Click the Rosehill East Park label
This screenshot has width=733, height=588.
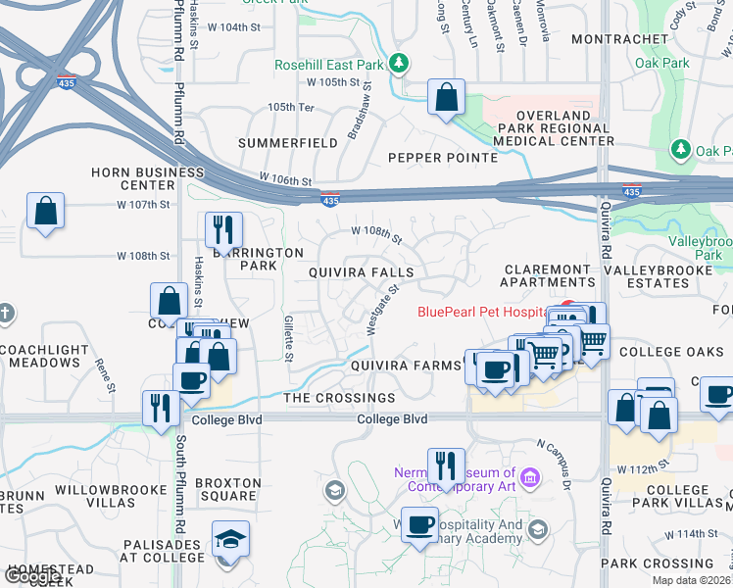click(328, 65)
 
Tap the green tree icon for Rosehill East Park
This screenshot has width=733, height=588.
click(398, 65)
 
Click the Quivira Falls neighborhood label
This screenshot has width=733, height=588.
click(362, 271)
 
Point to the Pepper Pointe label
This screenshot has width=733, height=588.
click(442, 157)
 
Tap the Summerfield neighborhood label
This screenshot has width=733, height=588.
click(289, 143)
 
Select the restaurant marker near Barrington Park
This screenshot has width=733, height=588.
click(224, 231)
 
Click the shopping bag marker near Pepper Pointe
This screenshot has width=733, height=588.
click(446, 98)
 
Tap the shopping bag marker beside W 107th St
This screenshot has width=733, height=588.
click(46, 211)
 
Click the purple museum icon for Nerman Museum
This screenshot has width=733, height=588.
click(530, 478)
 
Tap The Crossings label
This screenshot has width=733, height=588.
click(339, 398)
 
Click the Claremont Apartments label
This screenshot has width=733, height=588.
click(549, 275)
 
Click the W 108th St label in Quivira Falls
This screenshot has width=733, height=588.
click(377, 234)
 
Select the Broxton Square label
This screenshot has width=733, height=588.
click(228, 490)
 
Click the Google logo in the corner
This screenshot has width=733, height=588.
click(32, 576)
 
